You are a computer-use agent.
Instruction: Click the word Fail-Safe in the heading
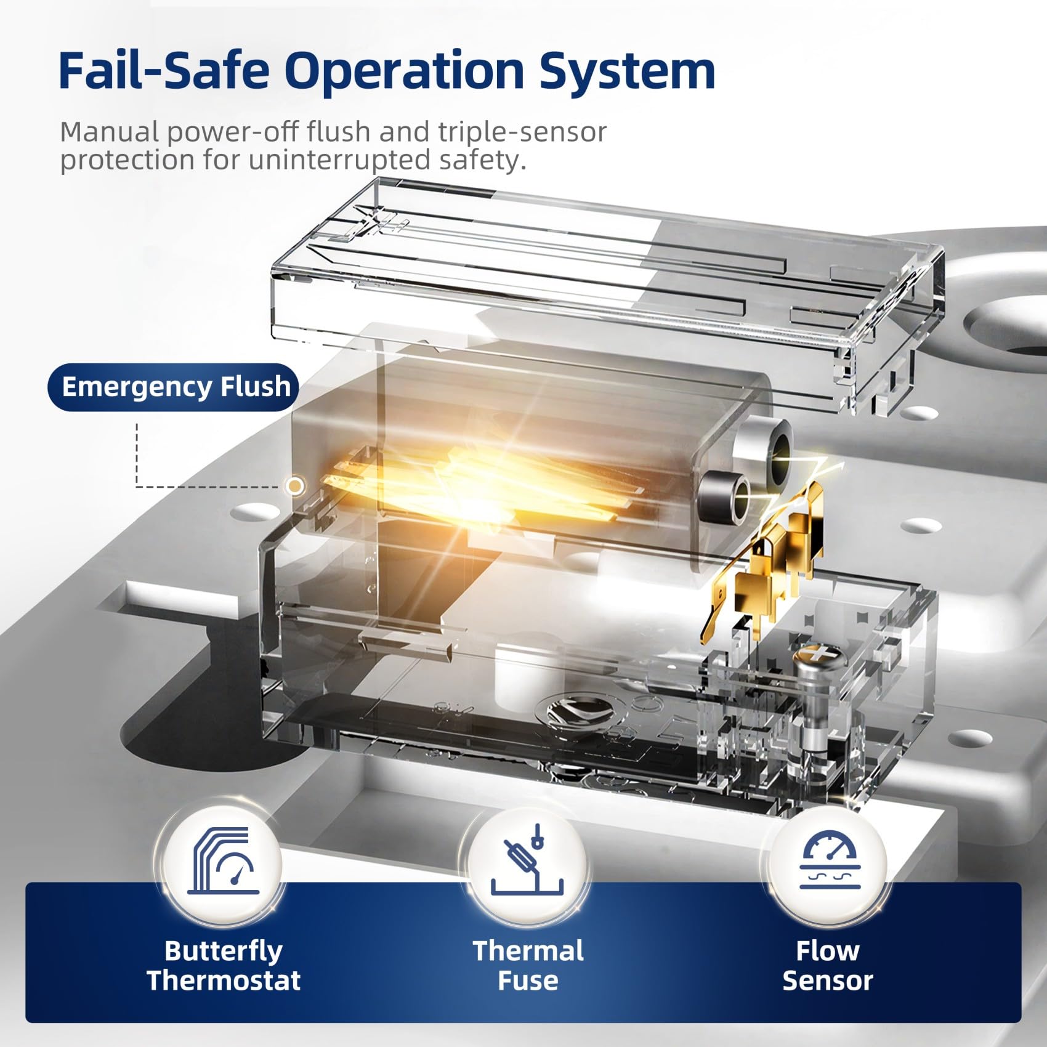(x=164, y=71)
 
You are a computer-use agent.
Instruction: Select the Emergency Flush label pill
(x=173, y=387)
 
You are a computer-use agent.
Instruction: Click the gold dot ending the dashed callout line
(x=296, y=486)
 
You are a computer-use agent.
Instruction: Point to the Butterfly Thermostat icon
(x=223, y=861)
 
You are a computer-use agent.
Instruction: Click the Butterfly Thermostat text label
(x=224, y=965)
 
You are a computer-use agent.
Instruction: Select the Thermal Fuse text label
(x=528, y=965)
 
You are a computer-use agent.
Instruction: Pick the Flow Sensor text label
(x=828, y=965)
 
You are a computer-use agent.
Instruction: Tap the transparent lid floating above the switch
(x=607, y=296)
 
